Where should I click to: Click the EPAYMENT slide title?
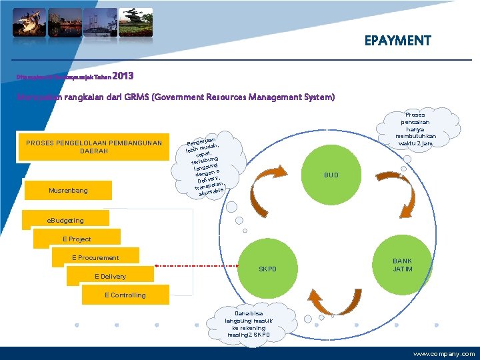click(397, 41)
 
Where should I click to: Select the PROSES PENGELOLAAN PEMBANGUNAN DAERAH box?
click(93, 147)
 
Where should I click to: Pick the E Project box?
click(77, 239)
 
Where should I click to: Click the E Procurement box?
click(95, 258)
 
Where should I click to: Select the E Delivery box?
click(109, 276)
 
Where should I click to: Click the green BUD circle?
click(331, 175)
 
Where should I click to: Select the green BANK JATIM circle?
click(402, 265)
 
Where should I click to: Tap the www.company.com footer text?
click(443, 353)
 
